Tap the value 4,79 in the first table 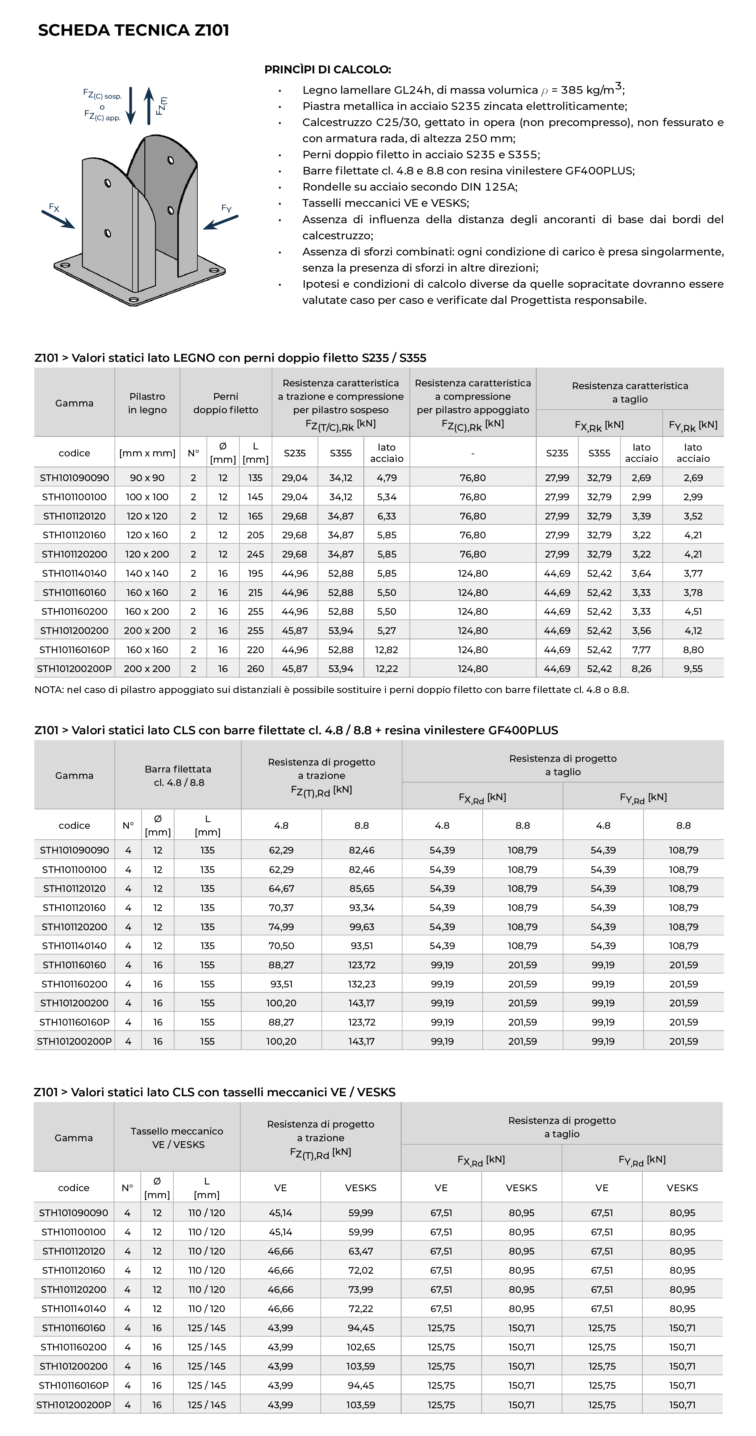(386, 478)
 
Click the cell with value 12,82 (386, 649)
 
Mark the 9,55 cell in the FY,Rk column (693, 668)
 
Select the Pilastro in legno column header (147, 403)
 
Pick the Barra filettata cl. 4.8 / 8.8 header (178, 776)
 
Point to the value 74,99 (281, 927)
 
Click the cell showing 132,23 (361, 984)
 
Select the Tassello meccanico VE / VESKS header (177, 1138)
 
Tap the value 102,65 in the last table (361, 1347)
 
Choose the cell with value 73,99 (361, 1290)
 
